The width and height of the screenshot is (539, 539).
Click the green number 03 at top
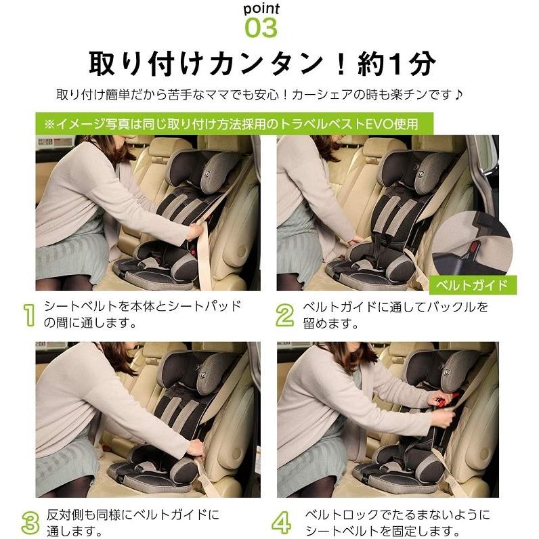point(261,28)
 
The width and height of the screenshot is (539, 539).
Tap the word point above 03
point(261,9)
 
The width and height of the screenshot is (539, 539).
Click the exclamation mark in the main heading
point(341,64)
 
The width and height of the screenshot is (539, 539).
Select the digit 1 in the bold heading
point(396,64)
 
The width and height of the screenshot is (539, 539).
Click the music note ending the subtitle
point(458,94)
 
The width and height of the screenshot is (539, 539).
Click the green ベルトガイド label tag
point(473,285)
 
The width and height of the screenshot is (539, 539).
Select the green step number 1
point(29,314)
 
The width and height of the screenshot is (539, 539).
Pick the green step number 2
point(285,314)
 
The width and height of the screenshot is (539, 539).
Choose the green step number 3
point(30,523)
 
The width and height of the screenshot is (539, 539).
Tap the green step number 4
point(282,523)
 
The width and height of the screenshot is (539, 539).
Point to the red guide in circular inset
point(474,245)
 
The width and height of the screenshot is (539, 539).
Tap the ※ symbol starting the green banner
point(49,124)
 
